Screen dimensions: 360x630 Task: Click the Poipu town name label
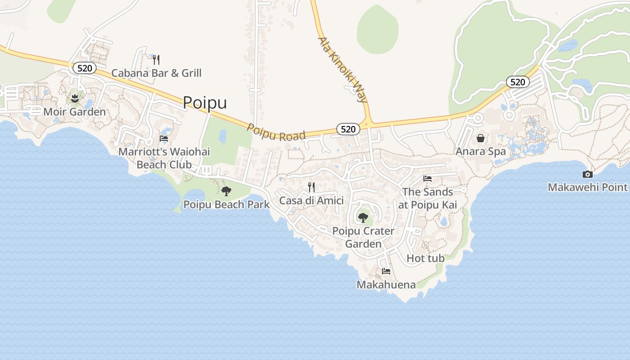click(205, 103)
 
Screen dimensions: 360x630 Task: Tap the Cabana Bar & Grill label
click(156, 73)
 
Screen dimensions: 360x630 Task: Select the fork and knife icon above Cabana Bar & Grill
click(156, 59)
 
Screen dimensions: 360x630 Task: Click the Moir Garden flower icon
click(75, 98)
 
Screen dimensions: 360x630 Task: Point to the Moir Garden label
click(75, 112)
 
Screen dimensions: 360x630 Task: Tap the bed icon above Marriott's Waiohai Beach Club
click(164, 139)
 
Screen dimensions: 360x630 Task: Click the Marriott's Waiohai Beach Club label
click(164, 158)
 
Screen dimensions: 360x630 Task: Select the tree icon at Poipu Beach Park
click(226, 191)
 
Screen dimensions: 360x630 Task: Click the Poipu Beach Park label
click(226, 204)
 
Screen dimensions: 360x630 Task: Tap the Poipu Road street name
click(276, 133)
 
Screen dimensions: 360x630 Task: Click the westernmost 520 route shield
click(85, 68)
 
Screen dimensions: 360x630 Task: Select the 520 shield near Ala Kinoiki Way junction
click(348, 129)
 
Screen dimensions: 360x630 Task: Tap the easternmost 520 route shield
click(517, 82)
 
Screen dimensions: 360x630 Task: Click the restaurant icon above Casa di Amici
click(311, 187)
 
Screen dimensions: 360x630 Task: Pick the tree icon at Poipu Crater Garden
click(363, 218)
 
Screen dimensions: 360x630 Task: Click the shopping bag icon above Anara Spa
click(481, 138)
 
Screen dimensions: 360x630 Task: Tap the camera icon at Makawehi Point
click(587, 175)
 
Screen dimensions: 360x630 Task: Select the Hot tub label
click(425, 258)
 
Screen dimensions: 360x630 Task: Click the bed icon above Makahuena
click(386, 271)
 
